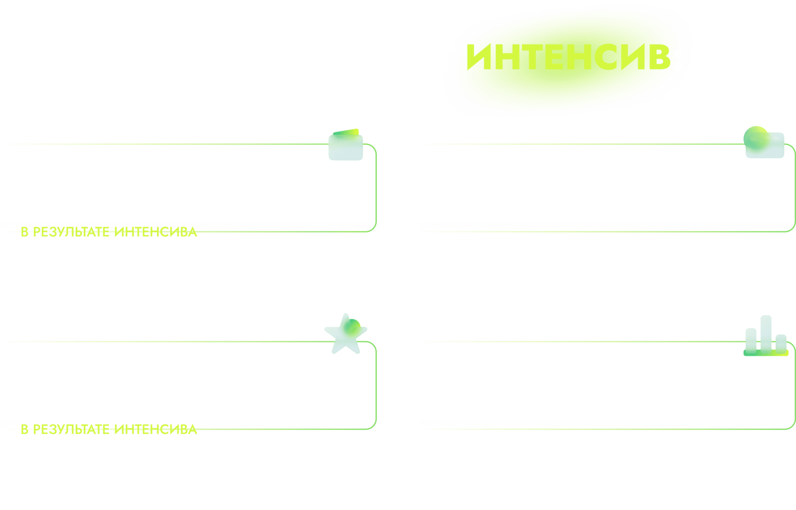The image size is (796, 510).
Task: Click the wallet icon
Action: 346,145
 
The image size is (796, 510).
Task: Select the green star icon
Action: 346,334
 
